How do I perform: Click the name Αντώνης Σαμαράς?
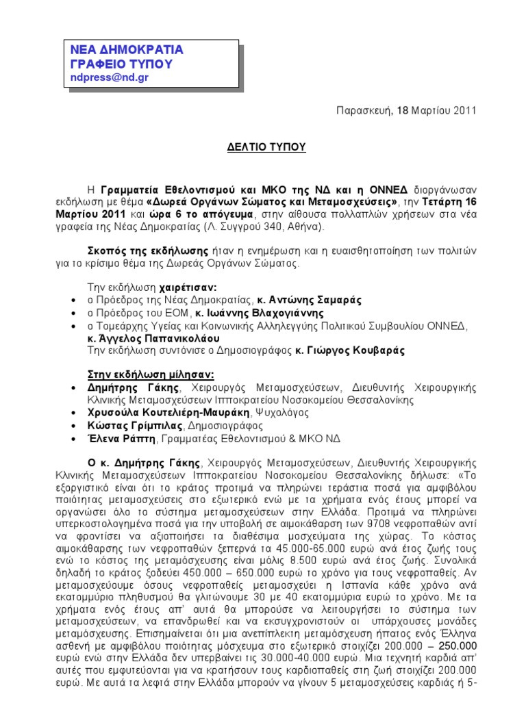click(x=308, y=301)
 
